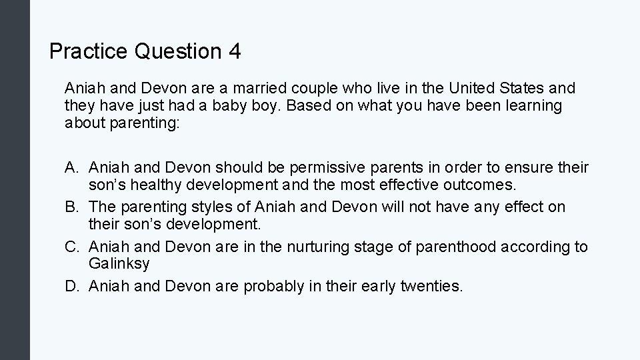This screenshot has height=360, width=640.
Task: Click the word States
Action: [x=523, y=88]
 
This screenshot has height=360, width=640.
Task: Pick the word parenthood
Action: [x=443, y=247]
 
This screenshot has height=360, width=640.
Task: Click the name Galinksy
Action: [x=119, y=263]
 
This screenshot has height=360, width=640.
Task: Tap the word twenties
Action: [x=431, y=287]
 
